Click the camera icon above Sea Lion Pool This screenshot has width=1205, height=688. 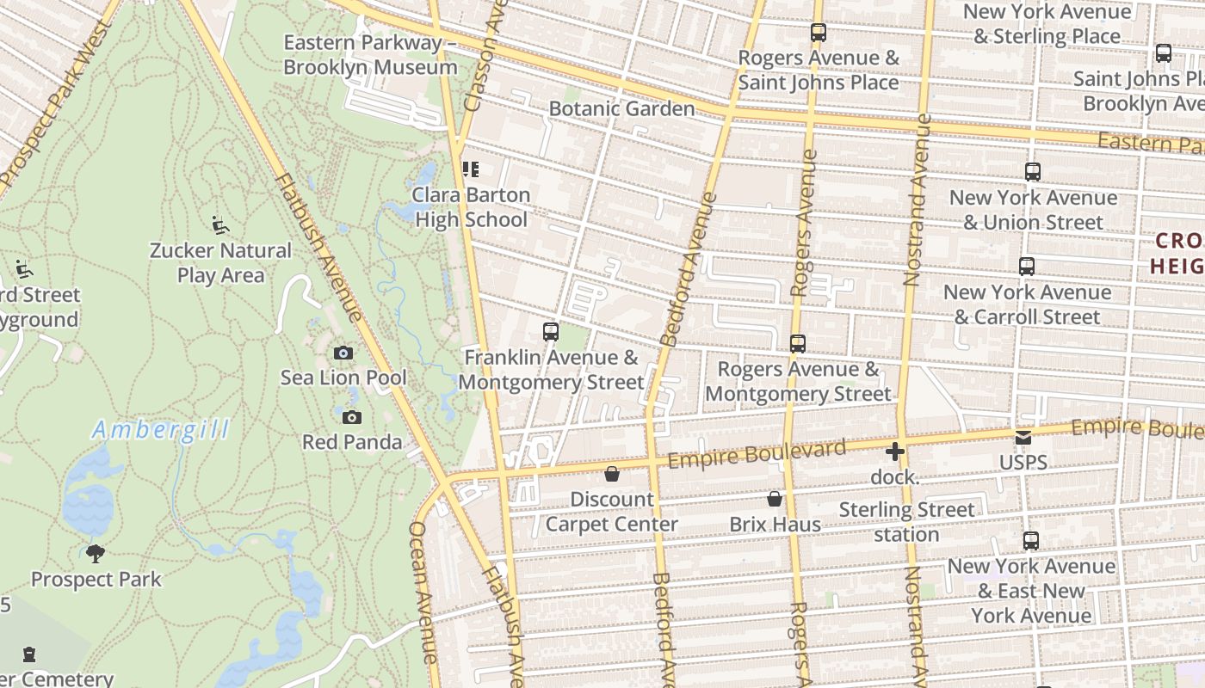tap(343, 353)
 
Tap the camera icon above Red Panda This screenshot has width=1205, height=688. tap(351, 417)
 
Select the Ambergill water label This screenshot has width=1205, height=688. tap(161, 429)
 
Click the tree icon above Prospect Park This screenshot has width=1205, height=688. tap(96, 553)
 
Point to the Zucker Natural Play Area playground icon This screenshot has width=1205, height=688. tap(220, 225)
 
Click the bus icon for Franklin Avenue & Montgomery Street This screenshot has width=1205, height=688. tap(550, 331)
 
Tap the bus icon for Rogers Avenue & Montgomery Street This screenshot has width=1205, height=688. tap(797, 343)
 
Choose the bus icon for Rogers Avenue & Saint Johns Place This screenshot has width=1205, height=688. tap(818, 33)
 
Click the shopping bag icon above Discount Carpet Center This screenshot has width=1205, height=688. tap(611, 474)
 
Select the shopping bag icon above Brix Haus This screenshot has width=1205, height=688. tap(775, 499)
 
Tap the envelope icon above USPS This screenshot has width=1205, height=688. tap(1023, 438)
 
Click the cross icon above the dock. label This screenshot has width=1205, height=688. tap(894, 451)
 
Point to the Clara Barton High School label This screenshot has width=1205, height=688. tap(471, 207)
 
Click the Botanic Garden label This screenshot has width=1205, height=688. tap(621, 108)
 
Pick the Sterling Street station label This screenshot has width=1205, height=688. tap(906, 522)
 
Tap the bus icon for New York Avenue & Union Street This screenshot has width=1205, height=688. tap(1032, 172)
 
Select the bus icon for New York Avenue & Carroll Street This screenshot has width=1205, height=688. tap(1026, 267)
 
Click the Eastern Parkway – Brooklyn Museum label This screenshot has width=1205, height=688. tap(370, 55)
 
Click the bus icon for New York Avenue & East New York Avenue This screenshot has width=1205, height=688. tap(1030, 541)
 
